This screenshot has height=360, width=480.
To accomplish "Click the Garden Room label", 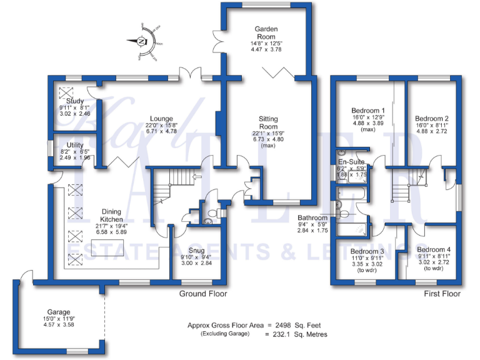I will pyautogui.click(x=266, y=29).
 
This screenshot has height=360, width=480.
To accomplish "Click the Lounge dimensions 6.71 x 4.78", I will pyautogui.click(x=162, y=132).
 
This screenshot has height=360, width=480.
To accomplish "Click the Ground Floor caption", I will pyautogui.click(x=203, y=294).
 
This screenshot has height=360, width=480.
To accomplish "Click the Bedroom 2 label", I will pyautogui.click(x=432, y=118).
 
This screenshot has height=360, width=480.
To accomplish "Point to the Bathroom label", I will pyautogui.click(x=312, y=218).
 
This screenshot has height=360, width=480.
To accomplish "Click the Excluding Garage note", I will pyautogui.click(x=224, y=334).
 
